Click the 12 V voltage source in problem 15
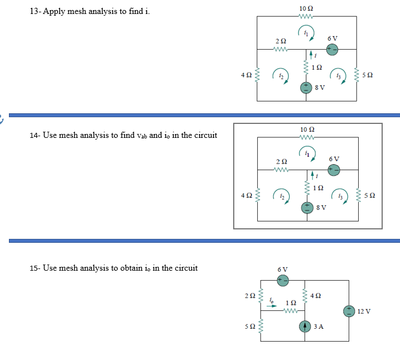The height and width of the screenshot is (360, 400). [x=350, y=310]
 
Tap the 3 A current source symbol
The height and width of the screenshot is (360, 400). [x=305, y=326]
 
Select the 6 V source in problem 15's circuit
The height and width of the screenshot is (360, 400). [x=283, y=280]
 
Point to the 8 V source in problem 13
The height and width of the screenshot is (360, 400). [x=306, y=88]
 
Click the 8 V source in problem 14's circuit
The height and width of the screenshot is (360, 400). [x=306, y=208]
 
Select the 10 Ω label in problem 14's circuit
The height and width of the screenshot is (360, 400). [x=306, y=129]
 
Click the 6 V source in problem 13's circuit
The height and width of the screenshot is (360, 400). [x=332, y=49]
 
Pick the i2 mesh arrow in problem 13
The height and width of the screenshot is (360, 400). [x=280, y=76]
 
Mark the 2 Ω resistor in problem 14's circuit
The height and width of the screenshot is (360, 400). [x=282, y=170]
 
